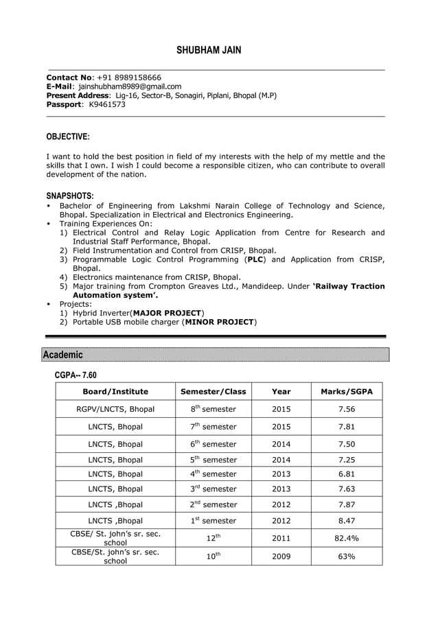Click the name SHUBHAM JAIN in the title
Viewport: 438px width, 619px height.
click(209, 50)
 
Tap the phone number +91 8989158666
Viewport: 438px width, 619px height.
click(129, 78)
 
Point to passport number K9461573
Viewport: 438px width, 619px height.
click(107, 104)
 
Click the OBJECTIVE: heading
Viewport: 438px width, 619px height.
click(67, 137)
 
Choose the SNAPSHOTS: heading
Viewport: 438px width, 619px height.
click(70, 196)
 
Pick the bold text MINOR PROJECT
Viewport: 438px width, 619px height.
click(220, 322)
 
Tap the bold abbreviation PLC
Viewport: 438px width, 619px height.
click(255, 260)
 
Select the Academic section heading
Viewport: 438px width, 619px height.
click(62, 355)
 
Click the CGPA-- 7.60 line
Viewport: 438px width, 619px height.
click(76, 375)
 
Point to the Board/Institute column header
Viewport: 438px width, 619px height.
click(115, 392)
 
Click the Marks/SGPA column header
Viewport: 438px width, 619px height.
click(347, 392)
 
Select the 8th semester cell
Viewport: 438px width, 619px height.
click(213, 409)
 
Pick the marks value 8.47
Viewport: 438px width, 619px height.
click(347, 521)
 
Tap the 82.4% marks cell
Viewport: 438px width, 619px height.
click(347, 538)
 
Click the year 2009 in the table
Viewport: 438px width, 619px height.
click(281, 557)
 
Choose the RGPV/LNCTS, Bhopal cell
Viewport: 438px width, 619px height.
click(115, 410)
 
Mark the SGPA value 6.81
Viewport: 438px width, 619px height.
click(347, 474)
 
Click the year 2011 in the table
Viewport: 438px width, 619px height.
click(281, 538)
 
